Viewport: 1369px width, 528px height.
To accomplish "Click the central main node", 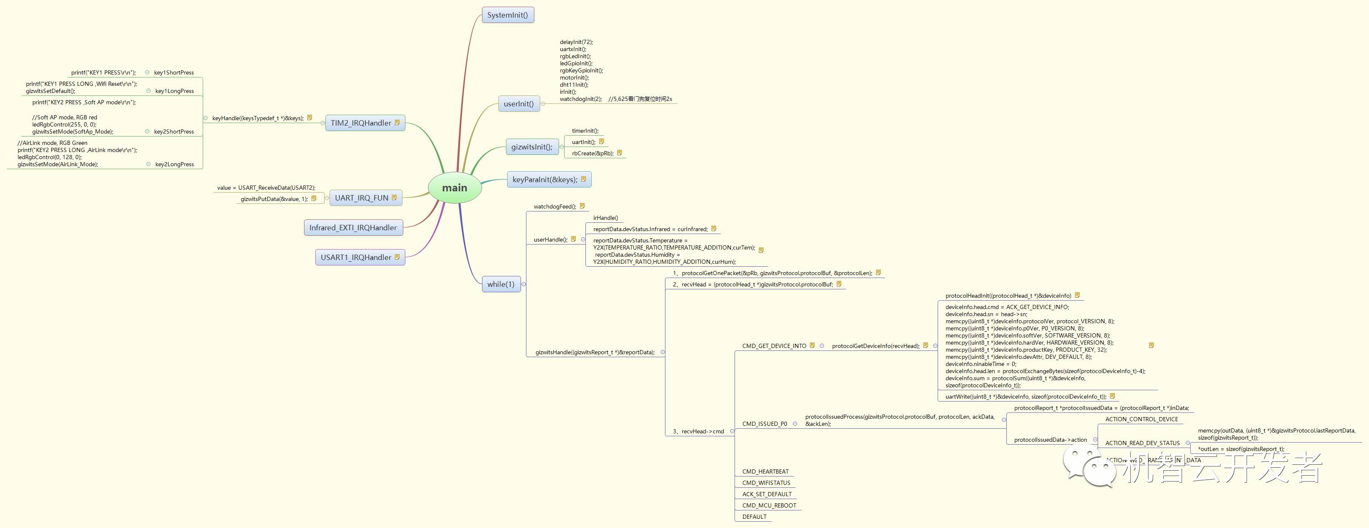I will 454,188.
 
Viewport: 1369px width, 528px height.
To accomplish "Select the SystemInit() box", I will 508,15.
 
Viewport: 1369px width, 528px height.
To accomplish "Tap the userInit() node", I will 518,103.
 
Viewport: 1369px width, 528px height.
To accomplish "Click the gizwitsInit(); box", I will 531,147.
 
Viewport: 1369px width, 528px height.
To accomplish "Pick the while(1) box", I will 500,284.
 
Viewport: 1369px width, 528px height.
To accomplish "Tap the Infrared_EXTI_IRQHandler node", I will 353,228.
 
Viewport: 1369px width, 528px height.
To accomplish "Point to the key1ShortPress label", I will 174,73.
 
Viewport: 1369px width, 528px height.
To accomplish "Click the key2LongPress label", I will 174,165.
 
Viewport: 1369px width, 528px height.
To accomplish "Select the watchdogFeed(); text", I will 554,206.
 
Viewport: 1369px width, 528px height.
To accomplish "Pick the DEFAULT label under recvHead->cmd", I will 754,517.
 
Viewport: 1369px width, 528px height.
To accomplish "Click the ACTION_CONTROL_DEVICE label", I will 1142,420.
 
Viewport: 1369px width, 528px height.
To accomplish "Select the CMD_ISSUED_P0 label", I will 764,424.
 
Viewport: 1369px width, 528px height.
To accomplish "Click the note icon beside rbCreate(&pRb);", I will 619,153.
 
